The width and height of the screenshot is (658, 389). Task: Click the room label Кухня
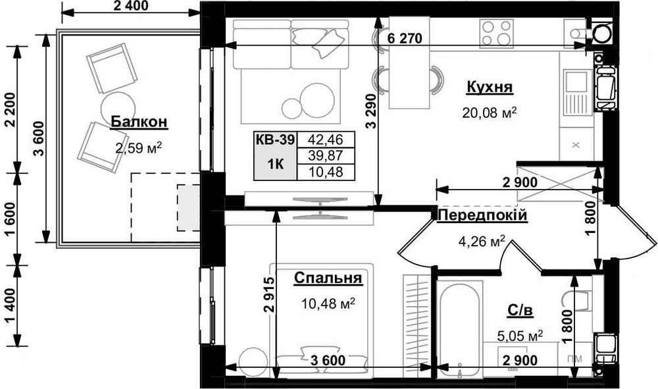point(490,87)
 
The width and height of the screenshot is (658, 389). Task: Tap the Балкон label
point(139,122)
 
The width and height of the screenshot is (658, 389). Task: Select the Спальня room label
point(328,278)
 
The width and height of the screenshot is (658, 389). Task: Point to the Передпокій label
point(482,216)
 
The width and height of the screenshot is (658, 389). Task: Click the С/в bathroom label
point(520,311)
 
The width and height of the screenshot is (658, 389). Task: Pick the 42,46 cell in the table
point(326,139)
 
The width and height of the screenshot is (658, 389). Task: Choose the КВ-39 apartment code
point(275,140)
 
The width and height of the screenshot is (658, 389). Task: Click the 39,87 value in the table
point(326,156)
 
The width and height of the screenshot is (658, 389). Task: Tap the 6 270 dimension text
point(405,38)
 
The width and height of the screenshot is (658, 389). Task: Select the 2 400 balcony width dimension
point(131,7)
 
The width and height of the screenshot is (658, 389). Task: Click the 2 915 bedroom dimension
point(269,296)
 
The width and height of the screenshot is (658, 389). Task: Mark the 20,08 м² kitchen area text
point(490,113)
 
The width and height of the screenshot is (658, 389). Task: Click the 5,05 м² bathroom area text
point(520,336)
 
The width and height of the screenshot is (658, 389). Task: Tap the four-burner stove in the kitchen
point(496,33)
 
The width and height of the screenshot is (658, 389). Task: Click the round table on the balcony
point(118,107)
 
